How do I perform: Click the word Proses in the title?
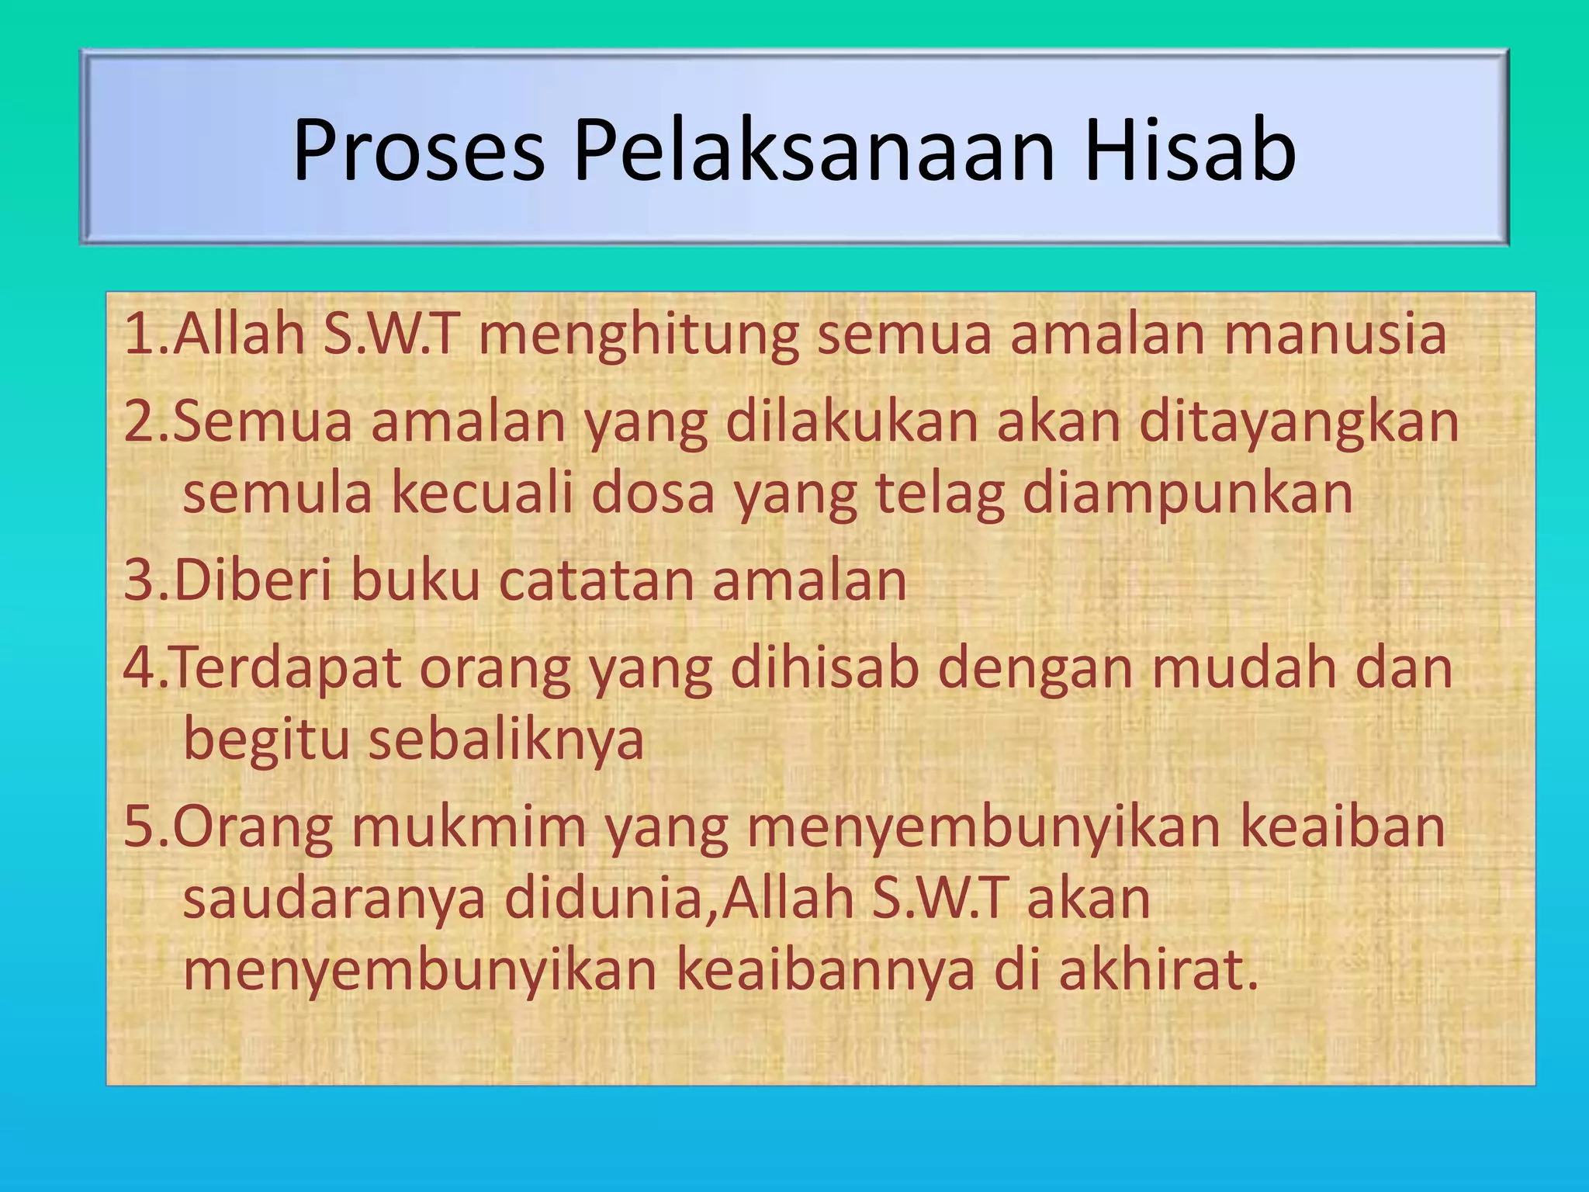[x=418, y=151]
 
